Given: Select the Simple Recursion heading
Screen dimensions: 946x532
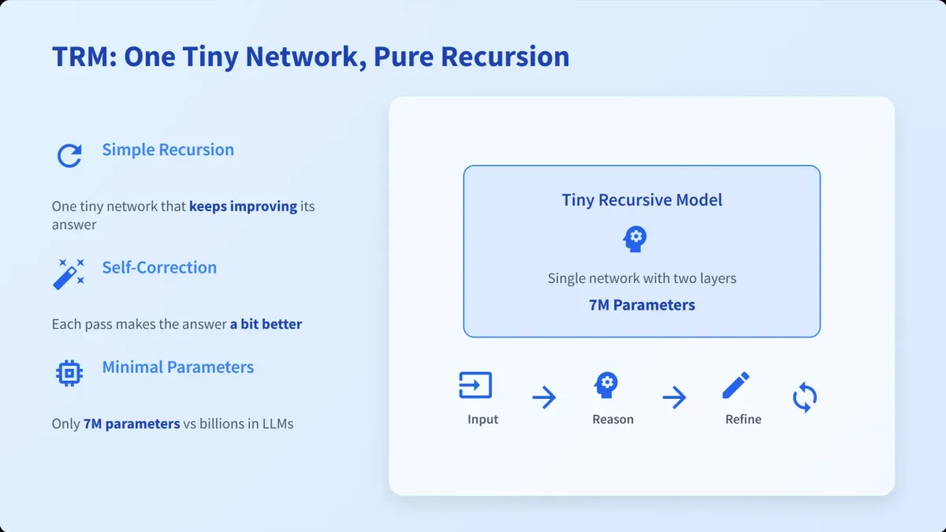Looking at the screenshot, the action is [168, 150].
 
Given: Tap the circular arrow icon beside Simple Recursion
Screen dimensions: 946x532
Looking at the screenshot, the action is [69, 155].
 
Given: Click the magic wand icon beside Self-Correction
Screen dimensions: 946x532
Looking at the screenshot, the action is [69, 274].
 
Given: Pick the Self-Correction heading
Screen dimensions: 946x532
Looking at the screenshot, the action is [159, 268].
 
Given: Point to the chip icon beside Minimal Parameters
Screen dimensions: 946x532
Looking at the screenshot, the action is [69, 373].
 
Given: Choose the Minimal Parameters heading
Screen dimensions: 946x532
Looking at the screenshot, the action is [178, 367].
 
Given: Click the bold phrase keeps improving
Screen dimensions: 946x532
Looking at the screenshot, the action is [244, 206].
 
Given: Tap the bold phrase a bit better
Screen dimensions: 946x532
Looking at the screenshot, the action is [266, 324].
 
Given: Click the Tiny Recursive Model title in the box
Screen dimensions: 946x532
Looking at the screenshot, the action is [642, 200].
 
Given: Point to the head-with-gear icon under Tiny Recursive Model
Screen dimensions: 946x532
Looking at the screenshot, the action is [635, 239].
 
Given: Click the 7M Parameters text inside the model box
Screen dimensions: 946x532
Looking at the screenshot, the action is [642, 305].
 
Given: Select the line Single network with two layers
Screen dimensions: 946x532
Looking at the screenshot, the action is [642, 278].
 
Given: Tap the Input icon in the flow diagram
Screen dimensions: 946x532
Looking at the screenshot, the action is [475, 385].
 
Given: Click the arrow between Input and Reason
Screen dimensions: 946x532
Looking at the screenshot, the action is [544, 397].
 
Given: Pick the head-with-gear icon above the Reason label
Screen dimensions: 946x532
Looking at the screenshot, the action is [606, 385].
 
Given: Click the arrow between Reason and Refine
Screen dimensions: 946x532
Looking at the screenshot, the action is [675, 397].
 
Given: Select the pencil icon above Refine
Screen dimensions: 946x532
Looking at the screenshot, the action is [736, 385].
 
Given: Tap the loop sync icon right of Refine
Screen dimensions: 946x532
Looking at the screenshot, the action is [805, 397].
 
